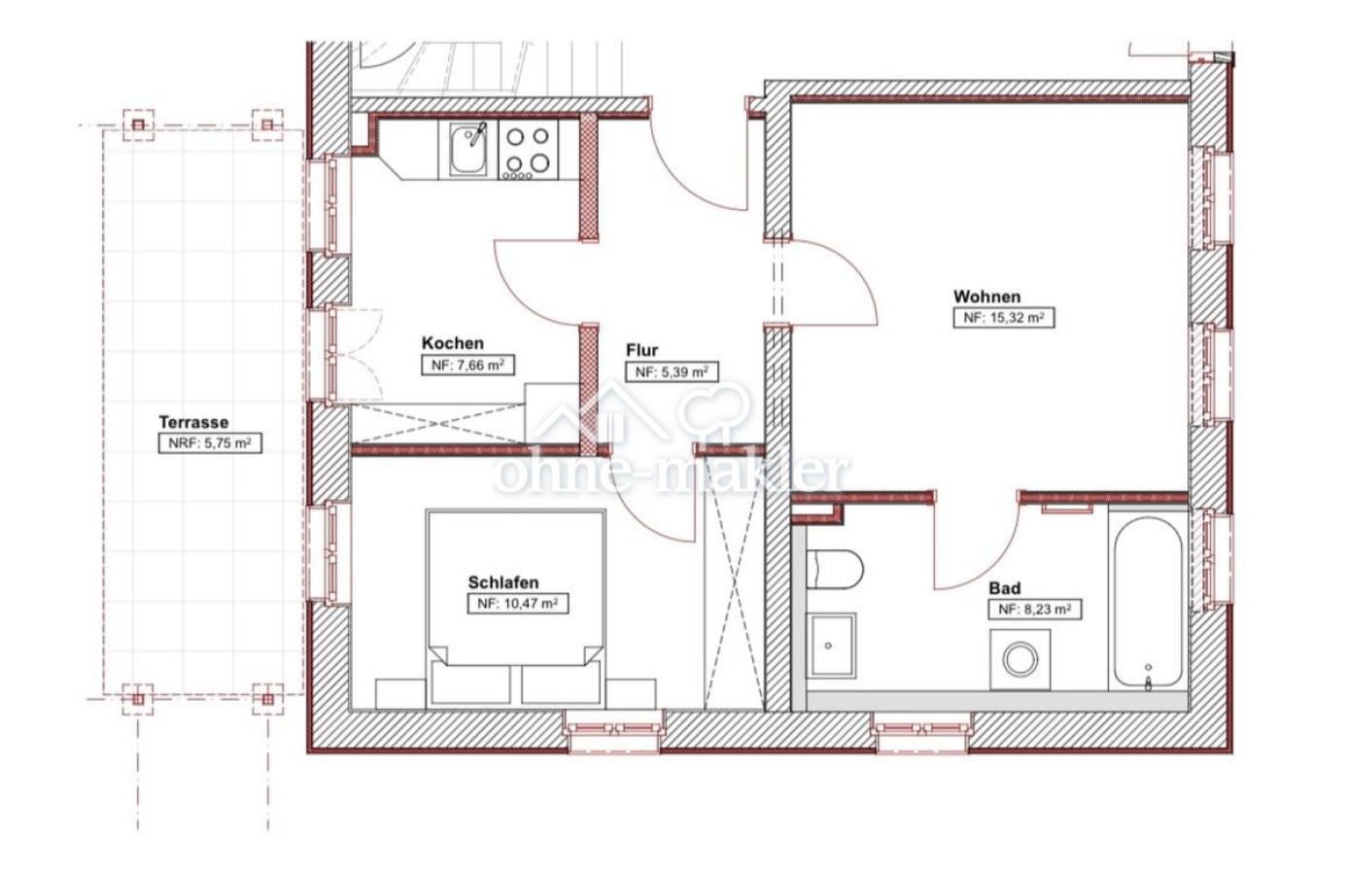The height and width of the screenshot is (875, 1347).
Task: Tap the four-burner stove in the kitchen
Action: [x=528, y=150]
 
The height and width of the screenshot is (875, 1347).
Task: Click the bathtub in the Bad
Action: [x=1148, y=602]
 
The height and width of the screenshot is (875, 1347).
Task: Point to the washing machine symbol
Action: [x=1019, y=660]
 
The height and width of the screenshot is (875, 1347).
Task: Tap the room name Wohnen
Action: [x=986, y=297]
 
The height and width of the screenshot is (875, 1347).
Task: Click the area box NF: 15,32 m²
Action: [x=1004, y=318]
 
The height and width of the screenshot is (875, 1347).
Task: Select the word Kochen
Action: [x=452, y=343]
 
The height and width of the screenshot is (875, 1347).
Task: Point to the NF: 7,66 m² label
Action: [x=467, y=365]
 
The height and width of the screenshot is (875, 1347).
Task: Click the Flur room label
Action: [x=641, y=350]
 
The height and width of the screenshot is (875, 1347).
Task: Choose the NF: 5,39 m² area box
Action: [x=672, y=372]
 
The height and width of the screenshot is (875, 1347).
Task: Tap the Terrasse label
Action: [x=193, y=422]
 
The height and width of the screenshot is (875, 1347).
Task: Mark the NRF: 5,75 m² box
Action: [x=210, y=443]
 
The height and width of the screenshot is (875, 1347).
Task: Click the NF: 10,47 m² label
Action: [x=518, y=604]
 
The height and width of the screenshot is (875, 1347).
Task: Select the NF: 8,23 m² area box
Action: [x=1035, y=610]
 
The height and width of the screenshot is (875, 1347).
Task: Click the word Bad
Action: [x=1005, y=587]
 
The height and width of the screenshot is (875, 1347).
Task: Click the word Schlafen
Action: [x=503, y=582]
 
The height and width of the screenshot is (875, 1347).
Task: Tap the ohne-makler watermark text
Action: [x=672, y=472]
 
